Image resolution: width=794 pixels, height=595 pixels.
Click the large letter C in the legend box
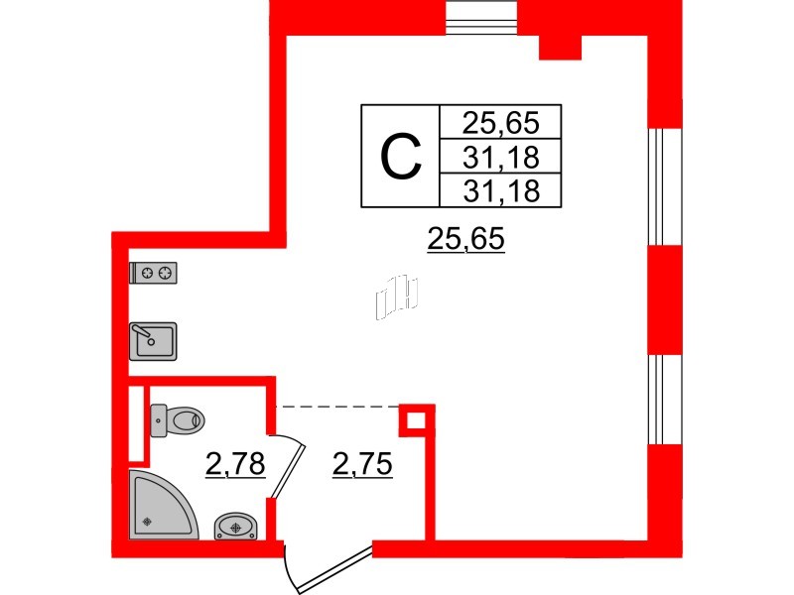point(402,157)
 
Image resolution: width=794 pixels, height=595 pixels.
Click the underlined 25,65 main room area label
point(465,239)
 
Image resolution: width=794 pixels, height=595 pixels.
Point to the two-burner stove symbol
point(155,273)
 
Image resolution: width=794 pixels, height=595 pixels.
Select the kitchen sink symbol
point(153,339)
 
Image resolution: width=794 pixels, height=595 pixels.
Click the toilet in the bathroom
point(177,420)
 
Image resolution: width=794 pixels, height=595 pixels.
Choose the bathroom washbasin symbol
point(236,526)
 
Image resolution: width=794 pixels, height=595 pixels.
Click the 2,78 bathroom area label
point(235,463)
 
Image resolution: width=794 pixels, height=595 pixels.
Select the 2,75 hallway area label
point(360,463)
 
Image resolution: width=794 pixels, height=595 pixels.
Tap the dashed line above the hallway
point(337,406)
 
